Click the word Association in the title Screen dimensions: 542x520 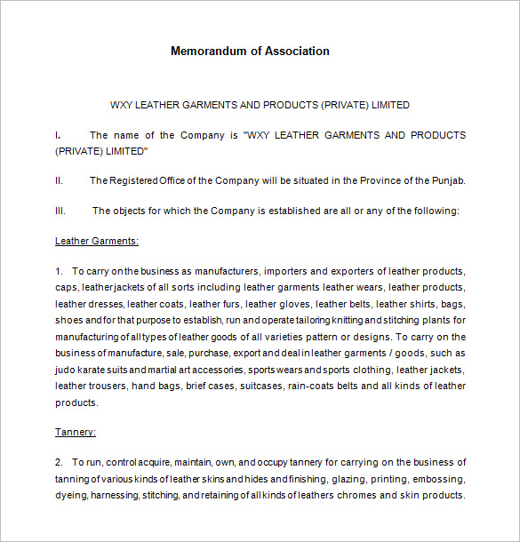coord(294,51)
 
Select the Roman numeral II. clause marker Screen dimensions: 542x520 coord(59,180)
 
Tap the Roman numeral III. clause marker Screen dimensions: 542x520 coord(60,211)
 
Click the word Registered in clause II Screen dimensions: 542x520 coord(140,180)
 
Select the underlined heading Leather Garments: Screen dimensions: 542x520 coord(97,241)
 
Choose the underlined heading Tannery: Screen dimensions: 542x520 coord(76,432)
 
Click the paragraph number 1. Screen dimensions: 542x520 coord(59,271)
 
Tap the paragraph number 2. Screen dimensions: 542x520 coord(59,462)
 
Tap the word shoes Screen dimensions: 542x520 coord(69,320)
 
